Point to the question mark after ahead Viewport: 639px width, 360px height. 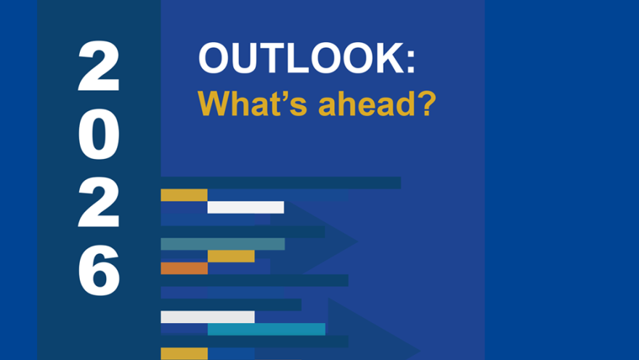tap(426, 105)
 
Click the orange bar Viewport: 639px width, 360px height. tap(184, 268)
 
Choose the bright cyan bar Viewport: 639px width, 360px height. tap(266, 329)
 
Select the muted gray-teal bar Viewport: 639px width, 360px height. tap(222, 244)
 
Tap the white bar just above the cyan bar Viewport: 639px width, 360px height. tap(207, 316)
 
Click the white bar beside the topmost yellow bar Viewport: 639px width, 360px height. tap(245, 207)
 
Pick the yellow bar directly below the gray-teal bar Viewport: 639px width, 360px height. tap(231, 255)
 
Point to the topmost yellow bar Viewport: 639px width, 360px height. tap(184, 195)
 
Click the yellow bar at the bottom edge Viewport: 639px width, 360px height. tap(184, 353)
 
